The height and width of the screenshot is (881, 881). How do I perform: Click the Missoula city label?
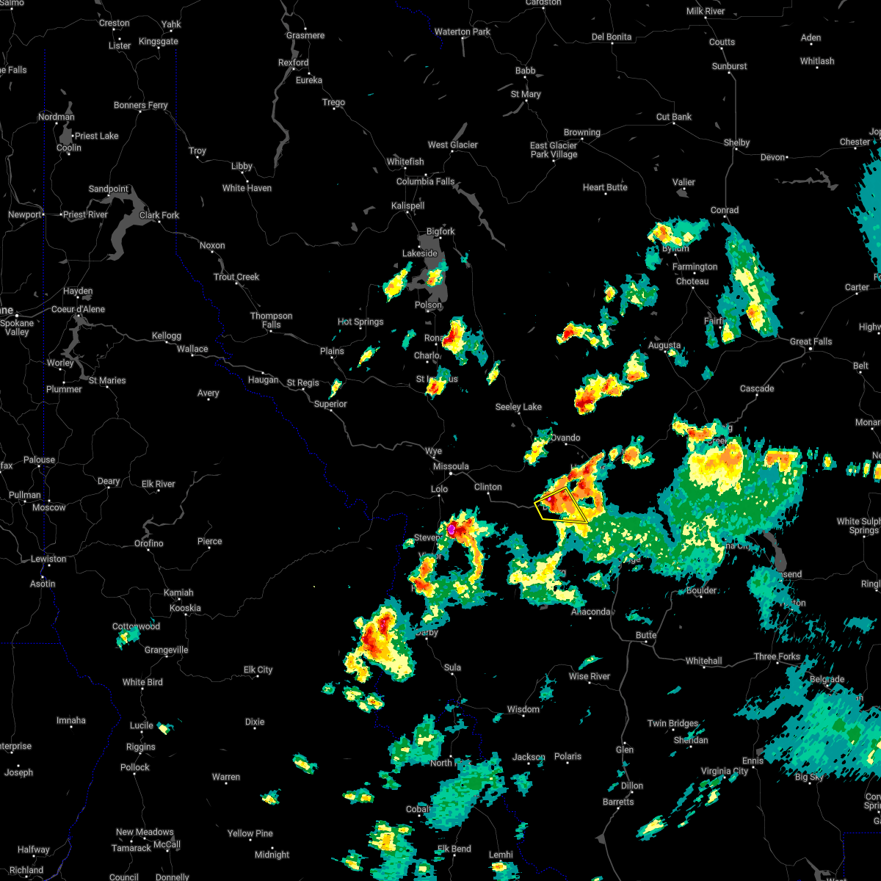pyautogui.click(x=451, y=466)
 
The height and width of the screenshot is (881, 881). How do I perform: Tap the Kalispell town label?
pyautogui.click(x=407, y=206)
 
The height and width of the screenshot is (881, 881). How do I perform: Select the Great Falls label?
pyautogui.click(x=811, y=341)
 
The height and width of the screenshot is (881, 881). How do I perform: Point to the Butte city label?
pyautogui.click(x=646, y=635)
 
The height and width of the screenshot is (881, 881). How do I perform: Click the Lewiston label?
pyautogui.click(x=48, y=559)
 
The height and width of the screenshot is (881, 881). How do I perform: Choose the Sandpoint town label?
pyautogui.click(x=108, y=189)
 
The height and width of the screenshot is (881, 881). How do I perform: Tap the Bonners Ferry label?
pyautogui.click(x=140, y=105)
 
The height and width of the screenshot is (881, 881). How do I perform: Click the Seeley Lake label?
pyautogui.click(x=518, y=407)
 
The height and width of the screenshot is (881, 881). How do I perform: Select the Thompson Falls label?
pyautogui.click(x=271, y=320)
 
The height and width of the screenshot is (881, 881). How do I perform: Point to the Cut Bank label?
pyautogui.click(x=673, y=117)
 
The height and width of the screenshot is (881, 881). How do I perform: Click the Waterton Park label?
pyautogui.click(x=462, y=32)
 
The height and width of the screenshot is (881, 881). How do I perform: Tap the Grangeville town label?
pyautogui.click(x=166, y=650)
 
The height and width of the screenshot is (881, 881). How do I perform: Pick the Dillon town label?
pyautogui.click(x=632, y=786)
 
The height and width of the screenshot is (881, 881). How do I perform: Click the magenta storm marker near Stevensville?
pyautogui.click(x=452, y=528)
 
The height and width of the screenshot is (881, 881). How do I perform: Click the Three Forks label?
pyautogui.click(x=777, y=656)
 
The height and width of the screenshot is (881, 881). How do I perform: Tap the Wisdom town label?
pyautogui.click(x=523, y=709)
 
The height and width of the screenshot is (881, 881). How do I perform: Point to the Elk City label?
pyautogui.click(x=258, y=670)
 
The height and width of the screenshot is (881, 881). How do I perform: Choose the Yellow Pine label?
pyautogui.click(x=250, y=833)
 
